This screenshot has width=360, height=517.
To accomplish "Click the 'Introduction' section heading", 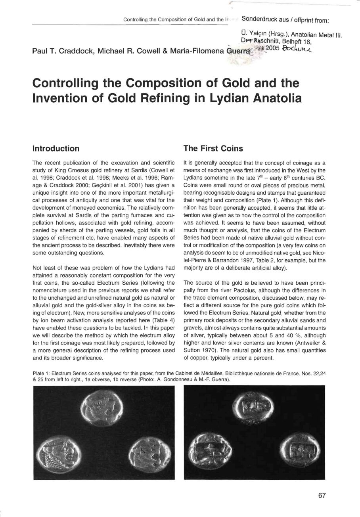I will tap(56, 149).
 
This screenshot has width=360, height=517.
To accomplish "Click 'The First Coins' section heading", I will tap(213, 149).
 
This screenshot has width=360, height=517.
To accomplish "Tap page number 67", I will tap(322, 496).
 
